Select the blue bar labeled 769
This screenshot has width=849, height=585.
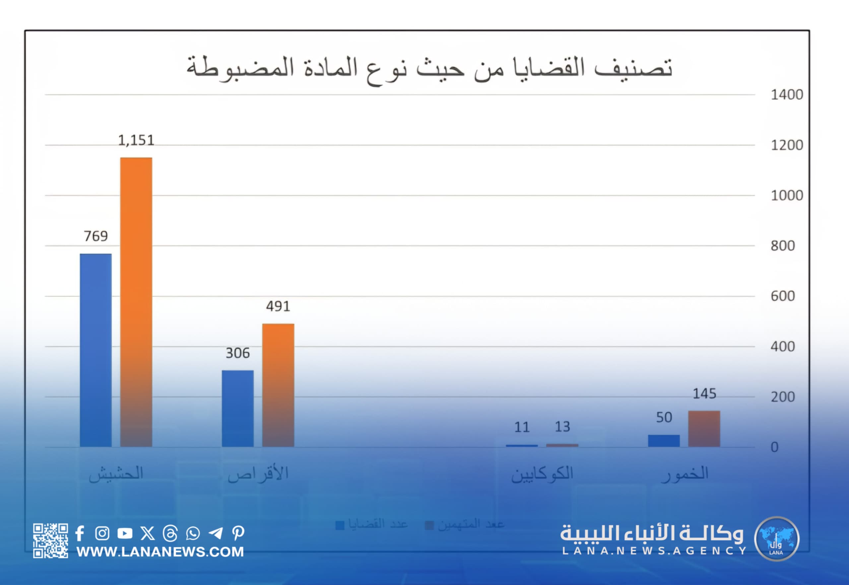(96, 350)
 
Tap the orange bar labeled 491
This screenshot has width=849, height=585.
(278, 385)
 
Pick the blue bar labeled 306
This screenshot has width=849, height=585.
(237, 408)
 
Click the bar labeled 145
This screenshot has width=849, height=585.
(704, 428)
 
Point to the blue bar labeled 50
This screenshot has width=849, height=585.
(664, 441)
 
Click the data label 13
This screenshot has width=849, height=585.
(562, 427)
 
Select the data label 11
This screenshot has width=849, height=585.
(522, 427)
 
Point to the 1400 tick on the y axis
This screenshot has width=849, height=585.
(787, 95)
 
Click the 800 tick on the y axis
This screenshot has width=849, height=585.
(783, 246)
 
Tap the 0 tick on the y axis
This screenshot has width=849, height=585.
(774, 447)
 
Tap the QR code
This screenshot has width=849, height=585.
(50, 541)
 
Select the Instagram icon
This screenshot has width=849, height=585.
(102, 533)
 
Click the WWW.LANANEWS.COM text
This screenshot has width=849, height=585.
(160, 551)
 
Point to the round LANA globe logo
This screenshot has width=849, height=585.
(776, 539)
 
